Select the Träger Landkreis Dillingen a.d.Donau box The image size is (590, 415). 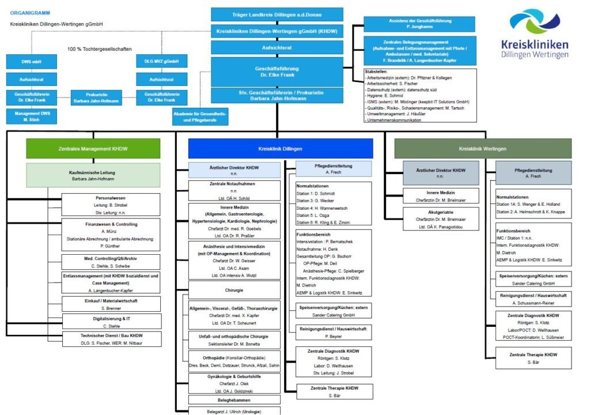[277, 14]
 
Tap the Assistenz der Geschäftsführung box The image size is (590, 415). [419, 24]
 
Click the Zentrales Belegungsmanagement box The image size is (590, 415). [419, 51]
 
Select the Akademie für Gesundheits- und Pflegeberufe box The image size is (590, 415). [200, 117]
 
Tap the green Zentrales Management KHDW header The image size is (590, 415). [93, 149]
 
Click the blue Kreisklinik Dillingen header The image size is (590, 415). [280, 149]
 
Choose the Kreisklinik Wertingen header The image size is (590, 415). [483, 149]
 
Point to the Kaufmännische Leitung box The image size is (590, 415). [93, 175]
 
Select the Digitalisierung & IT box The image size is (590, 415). [111, 321]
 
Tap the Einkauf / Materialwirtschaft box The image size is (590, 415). [111, 304]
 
